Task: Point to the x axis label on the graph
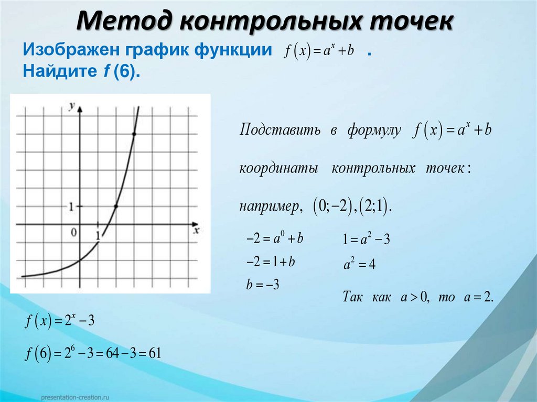pos(197,230)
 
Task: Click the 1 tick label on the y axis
pos(71,207)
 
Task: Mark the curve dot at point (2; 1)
pos(116,207)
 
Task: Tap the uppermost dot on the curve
pos(134,135)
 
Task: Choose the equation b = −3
pos(262,285)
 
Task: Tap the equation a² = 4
pos(359,265)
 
